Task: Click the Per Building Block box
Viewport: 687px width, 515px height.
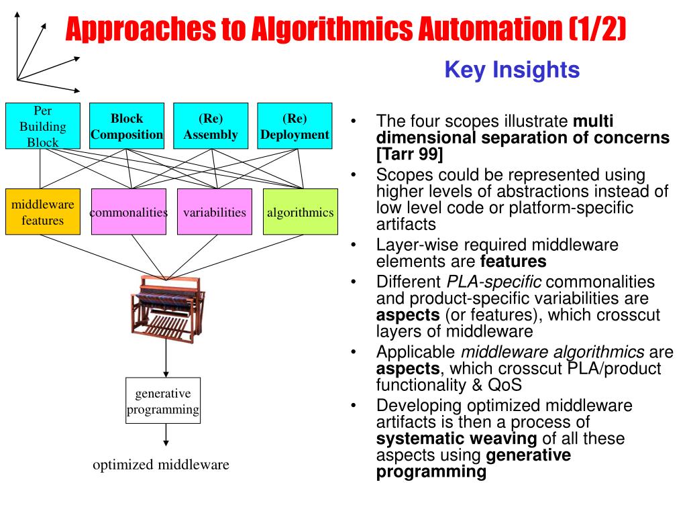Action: [x=43, y=125]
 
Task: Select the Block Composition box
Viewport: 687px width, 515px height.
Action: [x=127, y=125]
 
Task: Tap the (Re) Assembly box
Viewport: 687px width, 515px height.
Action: [x=211, y=125]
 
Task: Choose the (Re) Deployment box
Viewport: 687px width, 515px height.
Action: [x=295, y=125]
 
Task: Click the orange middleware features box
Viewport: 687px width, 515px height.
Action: [x=43, y=212]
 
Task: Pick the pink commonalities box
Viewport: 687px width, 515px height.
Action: [x=129, y=212]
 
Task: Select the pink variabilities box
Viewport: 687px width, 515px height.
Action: [x=215, y=212]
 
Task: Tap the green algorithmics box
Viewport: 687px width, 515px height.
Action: [x=300, y=212]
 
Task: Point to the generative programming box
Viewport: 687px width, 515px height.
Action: [x=163, y=400]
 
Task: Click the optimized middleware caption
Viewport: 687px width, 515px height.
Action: [x=161, y=465]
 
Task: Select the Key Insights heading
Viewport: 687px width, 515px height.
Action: [x=512, y=69]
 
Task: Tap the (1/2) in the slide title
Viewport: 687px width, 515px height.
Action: [x=599, y=29]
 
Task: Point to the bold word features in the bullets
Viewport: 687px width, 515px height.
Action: [x=514, y=261]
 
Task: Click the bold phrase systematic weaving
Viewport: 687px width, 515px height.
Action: [x=457, y=439]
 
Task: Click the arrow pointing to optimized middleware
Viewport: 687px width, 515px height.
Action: [x=166, y=436]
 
